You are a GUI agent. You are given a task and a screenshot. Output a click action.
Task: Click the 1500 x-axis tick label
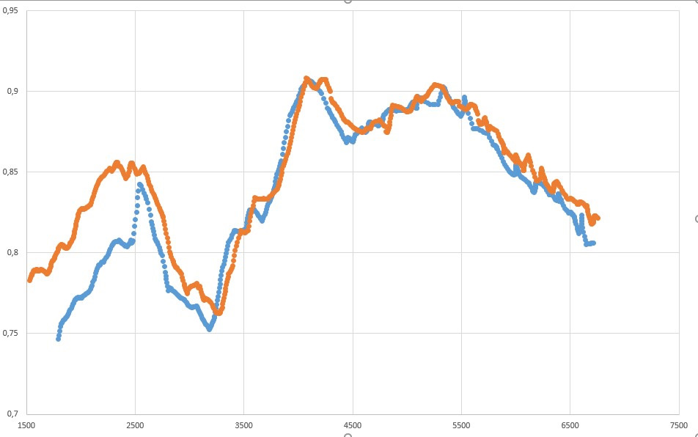click(x=26, y=425)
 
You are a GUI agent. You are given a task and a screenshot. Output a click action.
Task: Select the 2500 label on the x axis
click(x=135, y=425)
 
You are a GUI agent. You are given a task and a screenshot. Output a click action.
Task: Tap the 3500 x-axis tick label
click(x=244, y=425)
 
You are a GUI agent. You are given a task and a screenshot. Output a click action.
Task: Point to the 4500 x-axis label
click(x=353, y=425)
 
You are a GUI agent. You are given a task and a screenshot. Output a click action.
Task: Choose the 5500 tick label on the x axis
click(x=461, y=425)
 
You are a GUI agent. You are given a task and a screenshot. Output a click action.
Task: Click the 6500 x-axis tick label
click(x=570, y=425)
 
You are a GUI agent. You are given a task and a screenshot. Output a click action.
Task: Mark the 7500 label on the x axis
click(x=678, y=425)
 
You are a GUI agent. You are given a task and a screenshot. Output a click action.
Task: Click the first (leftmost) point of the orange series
click(x=30, y=280)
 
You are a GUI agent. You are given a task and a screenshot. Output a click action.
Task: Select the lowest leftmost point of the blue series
click(x=59, y=339)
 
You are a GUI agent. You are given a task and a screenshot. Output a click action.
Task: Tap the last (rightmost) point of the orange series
click(x=598, y=218)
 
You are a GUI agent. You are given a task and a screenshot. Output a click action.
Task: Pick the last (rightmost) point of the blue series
click(x=592, y=243)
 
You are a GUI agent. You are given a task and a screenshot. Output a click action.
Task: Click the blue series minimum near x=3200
click(x=210, y=329)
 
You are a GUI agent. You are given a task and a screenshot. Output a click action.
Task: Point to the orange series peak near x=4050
click(x=306, y=78)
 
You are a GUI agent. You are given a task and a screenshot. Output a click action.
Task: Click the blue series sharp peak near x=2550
click(x=139, y=185)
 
